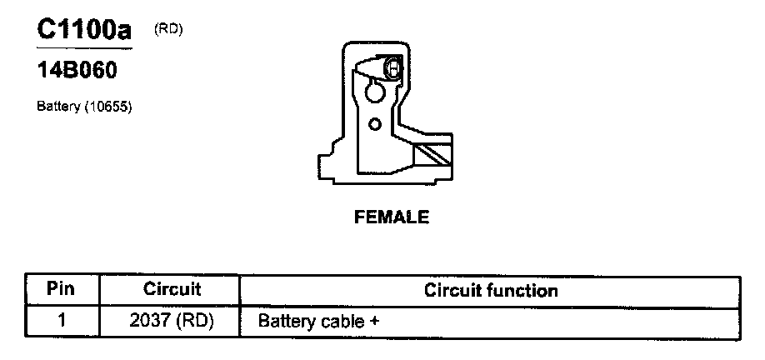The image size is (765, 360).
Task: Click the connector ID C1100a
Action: tap(84, 31)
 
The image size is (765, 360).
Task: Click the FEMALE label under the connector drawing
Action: tap(392, 217)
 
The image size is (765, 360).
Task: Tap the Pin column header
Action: tap(62, 290)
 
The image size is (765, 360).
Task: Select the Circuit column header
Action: tap(172, 290)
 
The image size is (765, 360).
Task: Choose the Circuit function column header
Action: tap(491, 290)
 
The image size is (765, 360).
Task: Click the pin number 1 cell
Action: tap(62, 320)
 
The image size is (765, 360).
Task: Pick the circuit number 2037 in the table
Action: tap(150, 320)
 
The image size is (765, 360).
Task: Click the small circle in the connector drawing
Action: tap(375, 124)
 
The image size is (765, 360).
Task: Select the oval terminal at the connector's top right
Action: tap(394, 67)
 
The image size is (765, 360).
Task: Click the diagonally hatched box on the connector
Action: tap(432, 155)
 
